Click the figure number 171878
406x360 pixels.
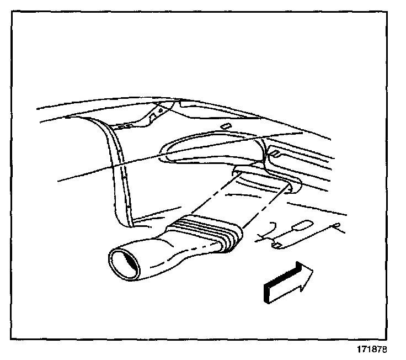[x=371, y=350]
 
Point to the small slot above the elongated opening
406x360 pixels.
[x=225, y=126]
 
